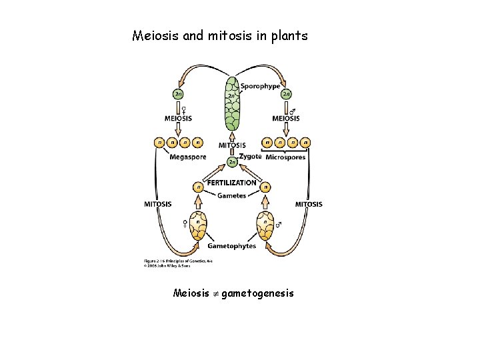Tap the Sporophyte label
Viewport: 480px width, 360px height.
point(260,86)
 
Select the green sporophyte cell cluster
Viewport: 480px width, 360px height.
point(231,107)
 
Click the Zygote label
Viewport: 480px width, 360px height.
point(250,157)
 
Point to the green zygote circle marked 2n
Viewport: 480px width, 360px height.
point(231,161)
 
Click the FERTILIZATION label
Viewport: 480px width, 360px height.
point(231,182)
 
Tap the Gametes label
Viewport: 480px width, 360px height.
point(231,195)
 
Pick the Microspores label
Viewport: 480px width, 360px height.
point(285,157)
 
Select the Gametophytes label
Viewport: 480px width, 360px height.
point(231,246)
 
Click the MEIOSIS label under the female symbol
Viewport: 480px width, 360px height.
point(178,119)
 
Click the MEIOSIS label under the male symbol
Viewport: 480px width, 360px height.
point(285,119)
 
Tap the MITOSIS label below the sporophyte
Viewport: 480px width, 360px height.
point(231,145)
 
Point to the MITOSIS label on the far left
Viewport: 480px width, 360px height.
point(158,204)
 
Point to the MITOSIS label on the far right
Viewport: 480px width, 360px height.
point(309,204)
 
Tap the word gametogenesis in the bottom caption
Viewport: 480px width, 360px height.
point(257,293)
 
